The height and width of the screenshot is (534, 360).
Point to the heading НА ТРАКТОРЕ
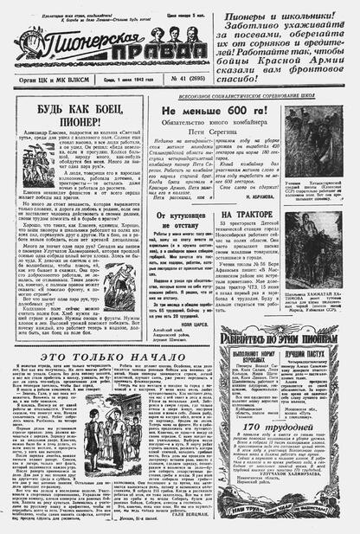[x=251, y=213]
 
